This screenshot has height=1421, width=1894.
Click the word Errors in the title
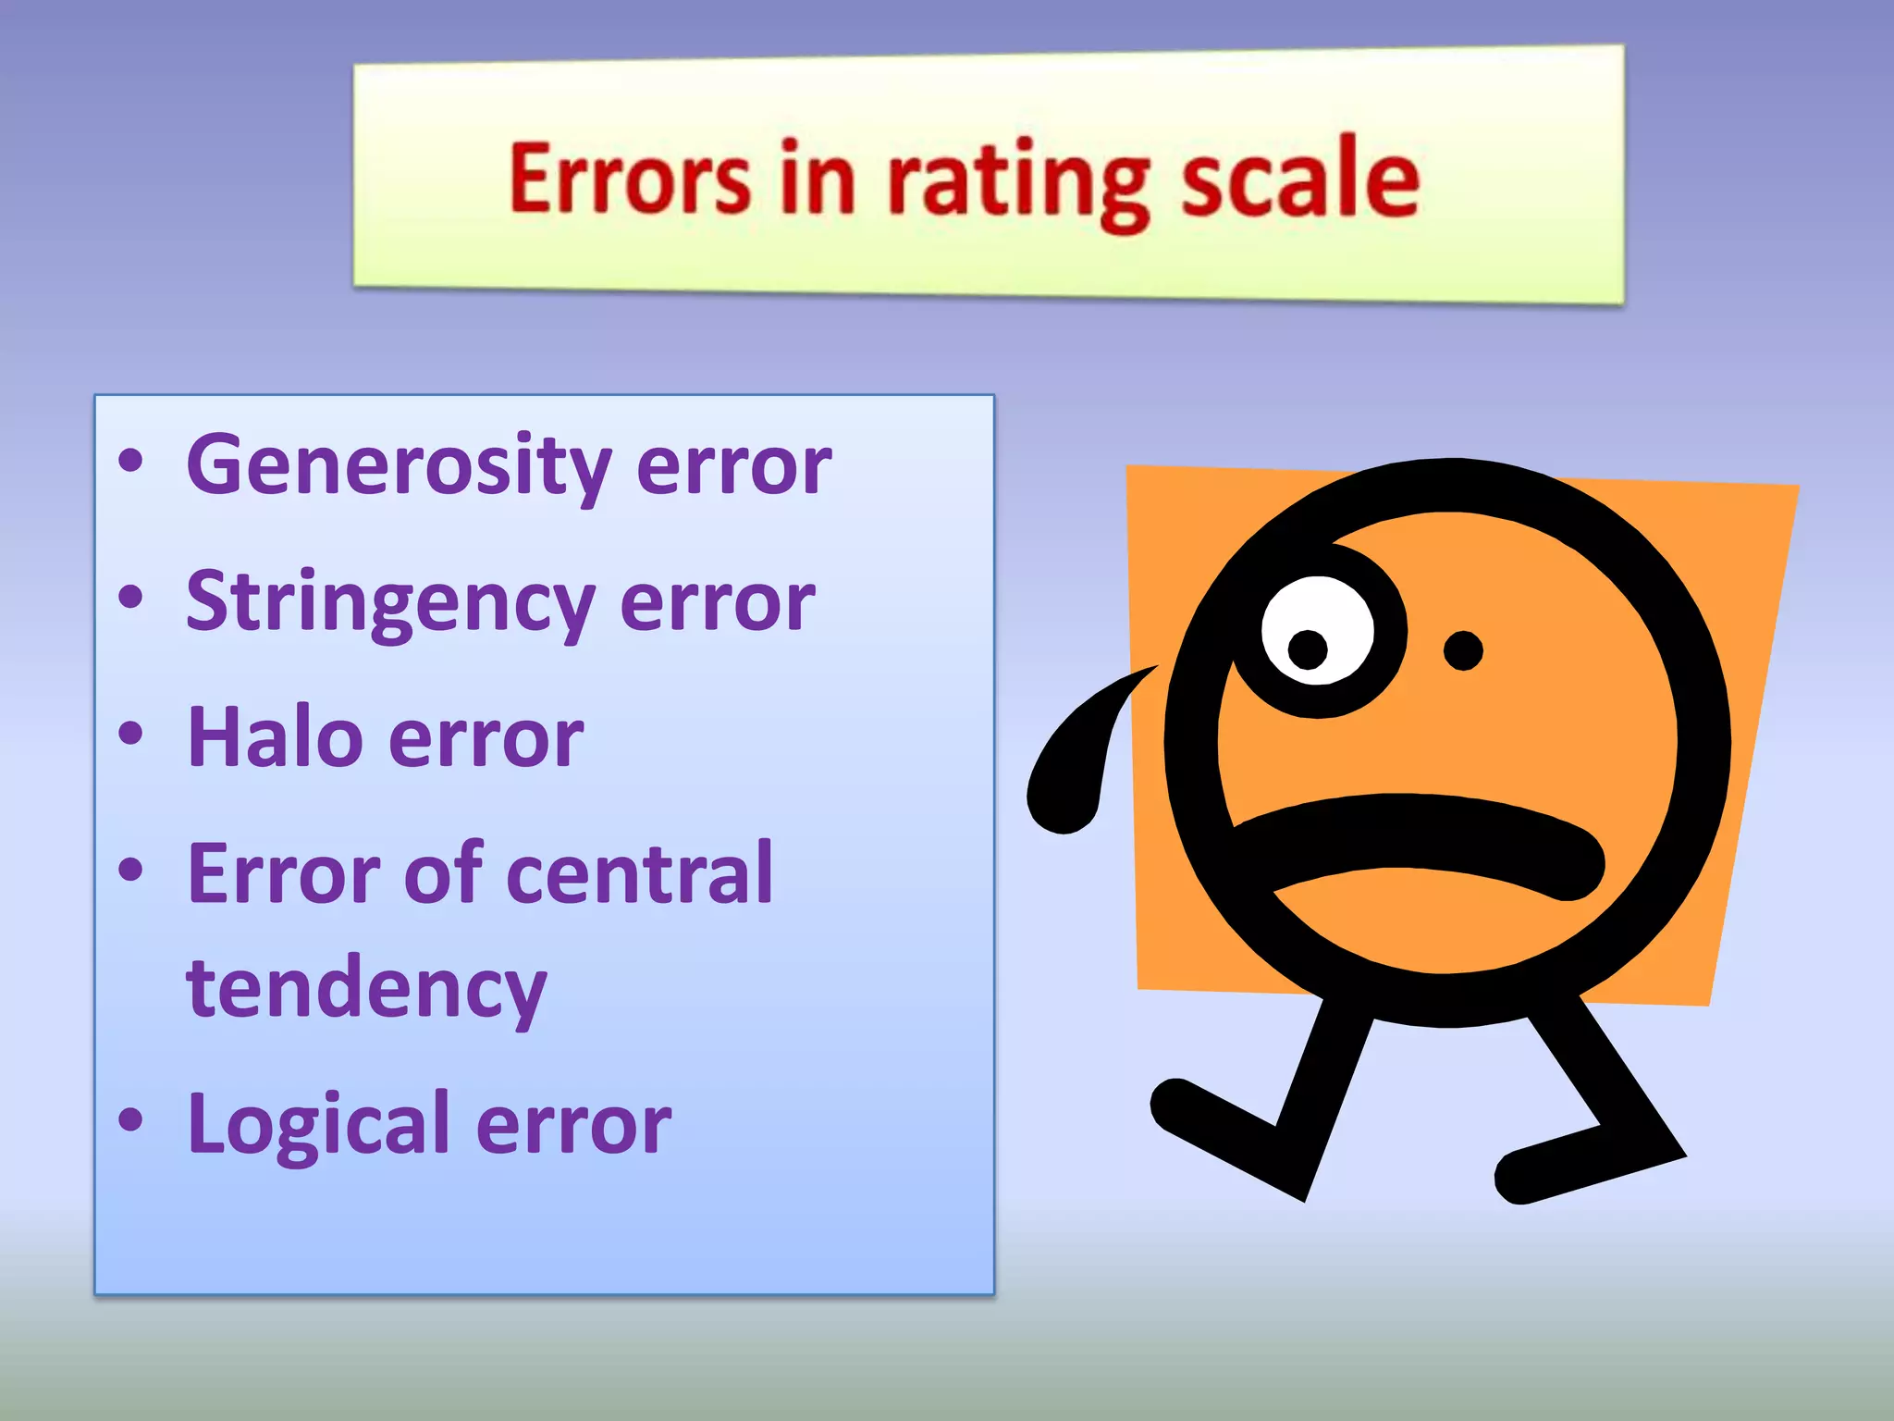[x=629, y=179]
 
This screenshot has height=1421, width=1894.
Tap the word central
[x=639, y=874]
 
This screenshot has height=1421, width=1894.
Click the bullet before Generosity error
[x=130, y=462]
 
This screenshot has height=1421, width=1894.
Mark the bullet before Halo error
[x=130, y=735]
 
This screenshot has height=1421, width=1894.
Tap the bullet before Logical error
[x=130, y=1120]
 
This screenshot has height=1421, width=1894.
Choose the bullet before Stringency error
[x=130, y=598]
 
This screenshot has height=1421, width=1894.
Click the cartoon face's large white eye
[x=1317, y=630]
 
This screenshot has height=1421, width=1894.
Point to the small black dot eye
[x=1463, y=650]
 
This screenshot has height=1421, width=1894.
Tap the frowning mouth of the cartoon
[x=1415, y=837]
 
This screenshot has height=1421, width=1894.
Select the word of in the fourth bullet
[x=443, y=874]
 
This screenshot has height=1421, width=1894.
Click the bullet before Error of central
[x=130, y=870]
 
